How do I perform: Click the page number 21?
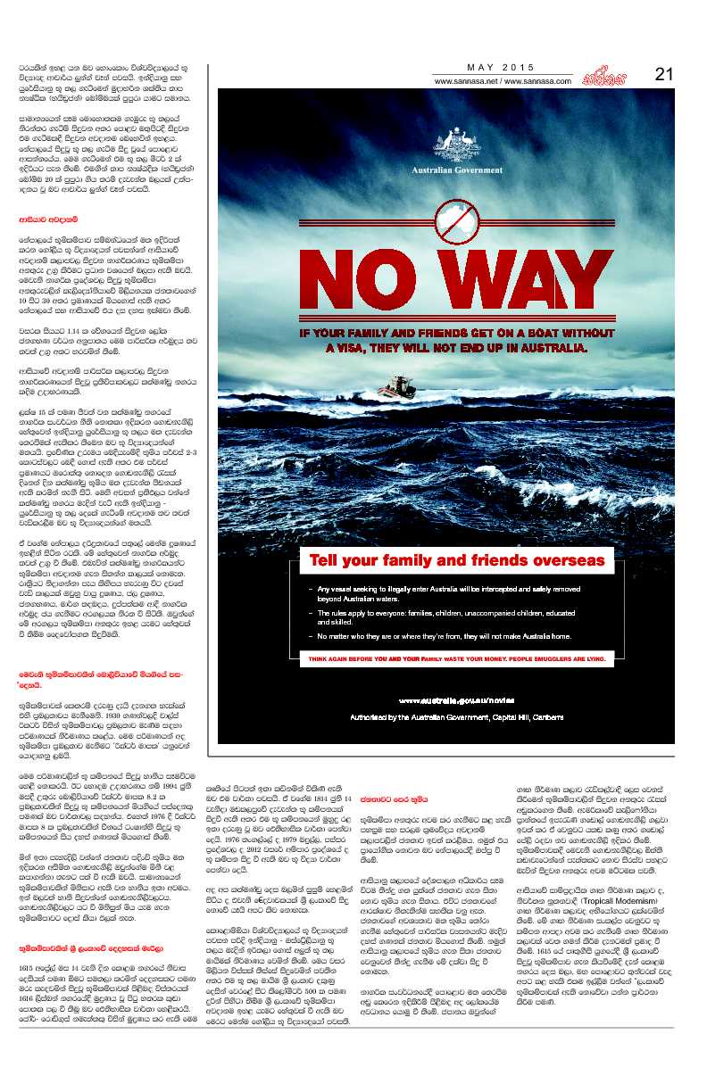click(663, 75)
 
